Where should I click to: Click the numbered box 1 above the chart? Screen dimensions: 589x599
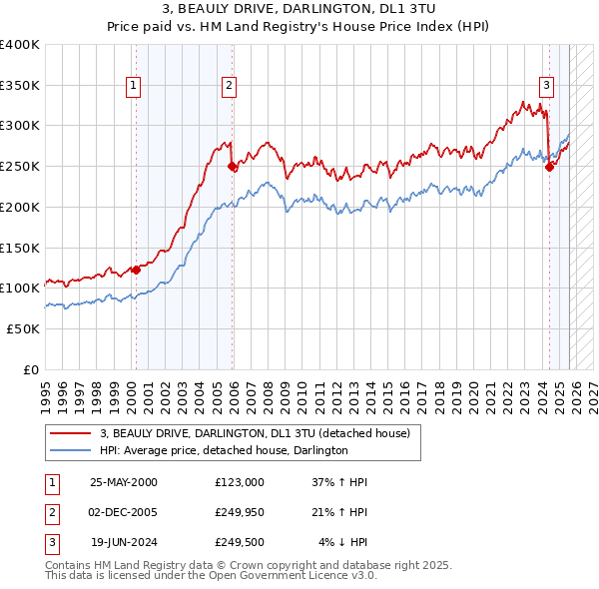point(134,86)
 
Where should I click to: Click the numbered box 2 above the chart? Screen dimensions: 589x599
point(229,86)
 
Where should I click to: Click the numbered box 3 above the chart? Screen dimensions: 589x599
point(547,86)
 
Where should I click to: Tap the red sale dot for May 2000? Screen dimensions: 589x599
point(137,269)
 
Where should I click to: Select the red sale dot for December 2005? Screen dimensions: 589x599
point(232,167)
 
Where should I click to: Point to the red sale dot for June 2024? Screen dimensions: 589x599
point(549,168)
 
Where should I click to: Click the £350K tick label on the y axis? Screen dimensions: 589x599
point(20,86)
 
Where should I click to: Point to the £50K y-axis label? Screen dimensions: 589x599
point(24,328)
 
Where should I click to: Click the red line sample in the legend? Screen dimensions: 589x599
point(72,432)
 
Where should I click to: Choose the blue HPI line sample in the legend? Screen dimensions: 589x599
point(72,450)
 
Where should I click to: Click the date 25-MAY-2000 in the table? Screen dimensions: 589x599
point(124,482)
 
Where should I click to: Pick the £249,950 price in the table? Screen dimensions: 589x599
point(240,512)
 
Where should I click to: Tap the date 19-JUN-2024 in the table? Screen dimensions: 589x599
point(124,542)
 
